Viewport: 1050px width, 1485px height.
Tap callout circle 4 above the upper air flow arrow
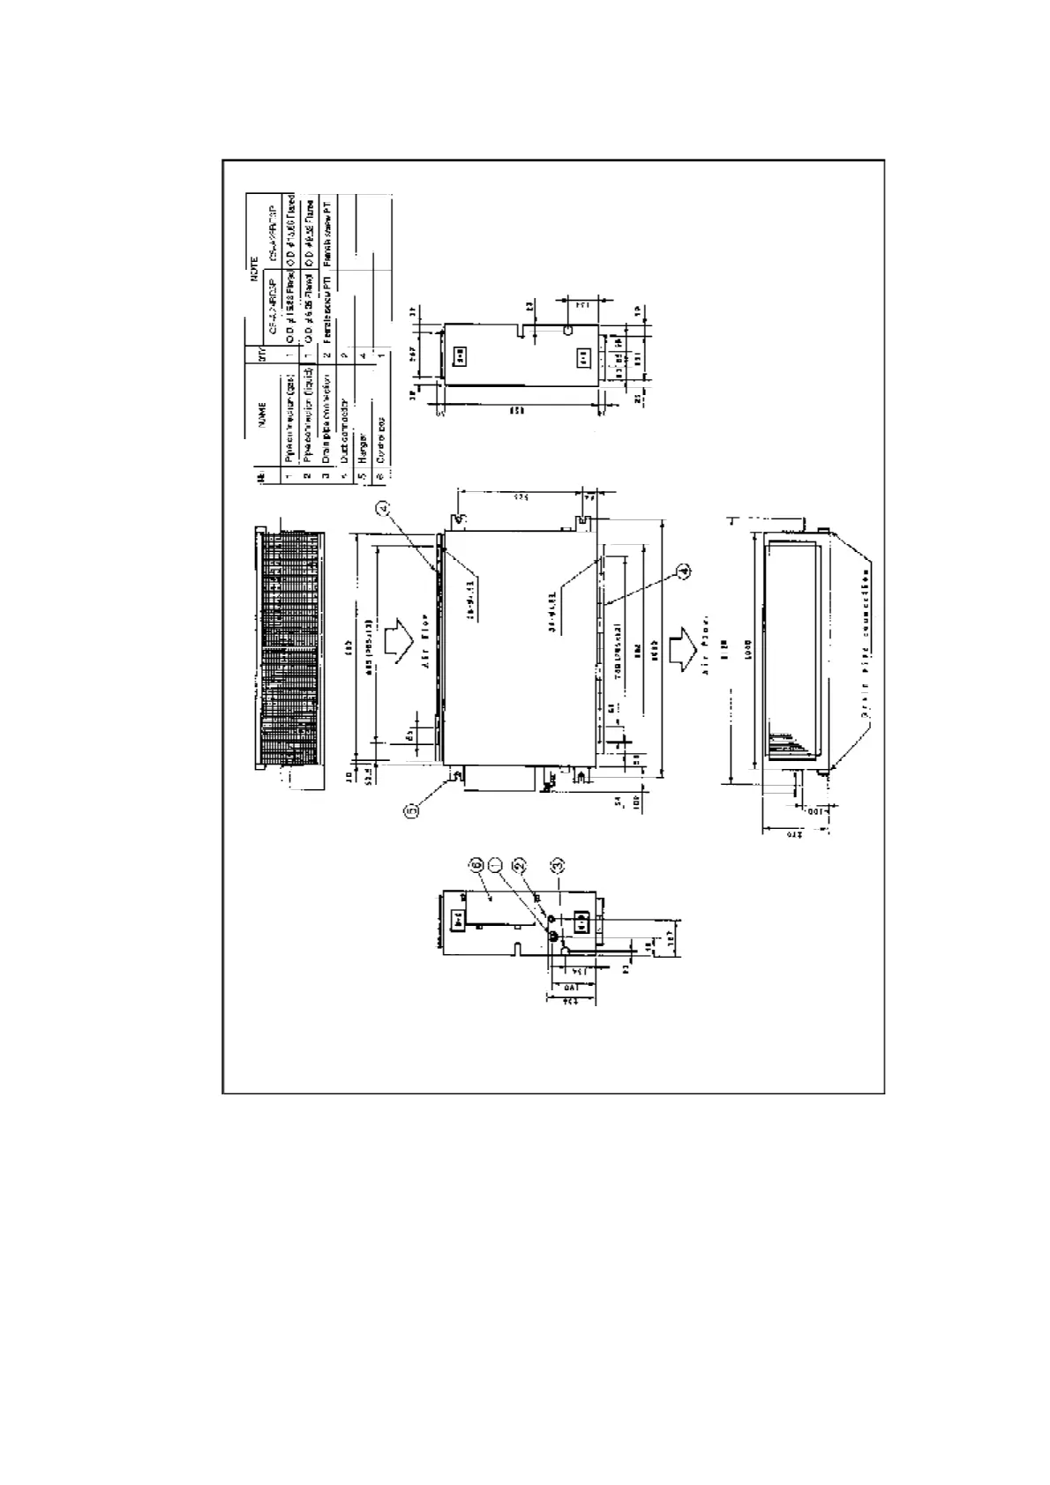coord(383,507)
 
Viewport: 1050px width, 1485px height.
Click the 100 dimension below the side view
coord(817,810)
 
